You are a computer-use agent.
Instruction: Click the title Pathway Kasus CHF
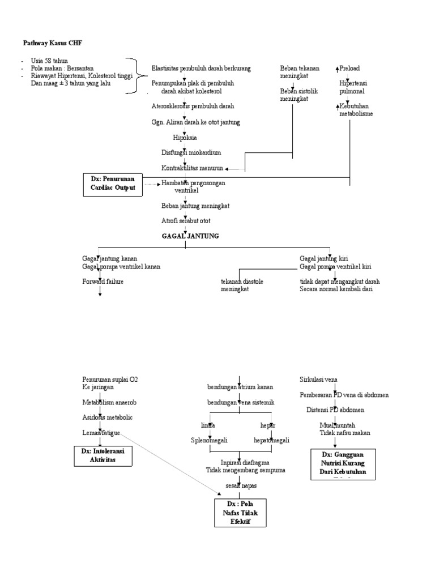(x=49, y=43)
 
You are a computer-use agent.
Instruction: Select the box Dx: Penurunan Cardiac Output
(x=113, y=185)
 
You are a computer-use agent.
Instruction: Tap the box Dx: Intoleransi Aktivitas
(x=103, y=455)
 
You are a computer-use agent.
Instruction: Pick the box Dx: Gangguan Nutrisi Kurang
(x=344, y=464)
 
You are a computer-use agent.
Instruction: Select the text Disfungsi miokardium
(x=191, y=153)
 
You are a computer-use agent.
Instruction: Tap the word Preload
(x=351, y=69)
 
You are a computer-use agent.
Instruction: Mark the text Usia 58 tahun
(x=51, y=61)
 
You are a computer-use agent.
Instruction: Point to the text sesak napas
(x=241, y=486)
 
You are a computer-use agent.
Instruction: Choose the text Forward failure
(x=103, y=282)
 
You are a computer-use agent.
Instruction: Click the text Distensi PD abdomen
(x=343, y=410)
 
